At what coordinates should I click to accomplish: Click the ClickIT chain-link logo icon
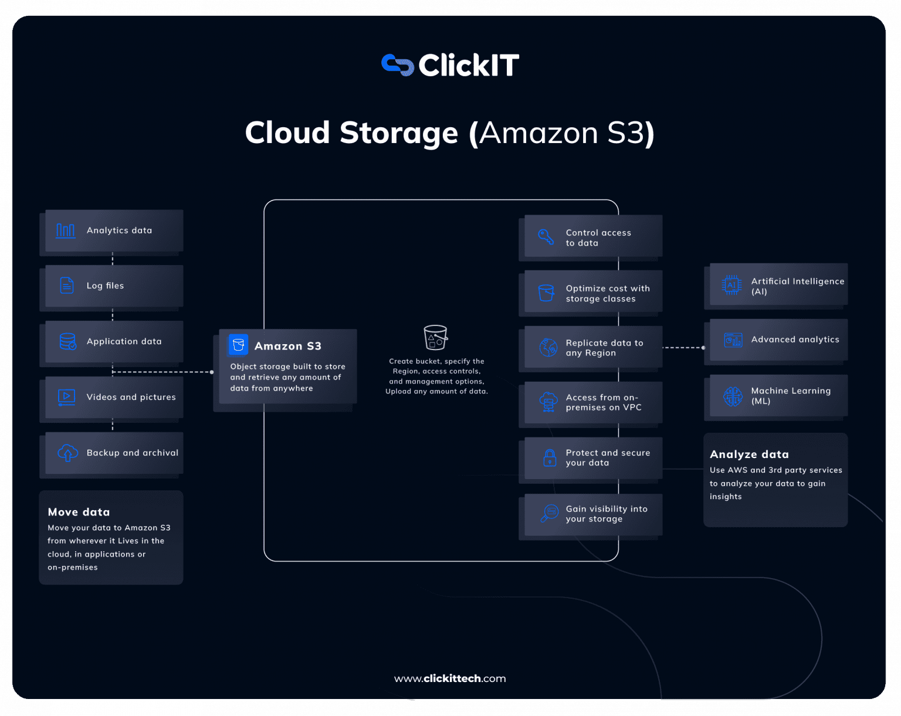[x=398, y=65]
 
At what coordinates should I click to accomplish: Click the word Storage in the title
[x=398, y=133]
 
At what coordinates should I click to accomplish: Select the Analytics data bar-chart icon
[x=66, y=230]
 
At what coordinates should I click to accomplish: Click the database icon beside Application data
[x=67, y=341]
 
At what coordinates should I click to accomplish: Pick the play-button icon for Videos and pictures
[x=67, y=397]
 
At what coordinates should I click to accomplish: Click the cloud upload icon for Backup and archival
[x=67, y=453]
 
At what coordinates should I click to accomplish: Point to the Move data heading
[x=79, y=512]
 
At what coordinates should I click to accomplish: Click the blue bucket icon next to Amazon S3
[x=238, y=345]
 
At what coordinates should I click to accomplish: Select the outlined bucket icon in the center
[x=436, y=337]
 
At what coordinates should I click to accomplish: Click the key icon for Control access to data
[x=546, y=237]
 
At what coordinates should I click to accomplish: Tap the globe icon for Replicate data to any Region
[x=548, y=348]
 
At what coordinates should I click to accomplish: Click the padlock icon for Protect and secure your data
[x=550, y=457]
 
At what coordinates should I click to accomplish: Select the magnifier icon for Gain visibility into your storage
[x=550, y=513]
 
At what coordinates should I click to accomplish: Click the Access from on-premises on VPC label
[x=603, y=402]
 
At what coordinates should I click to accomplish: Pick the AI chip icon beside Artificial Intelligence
[x=731, y=286]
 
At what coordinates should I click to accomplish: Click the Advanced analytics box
[x=778, y=340]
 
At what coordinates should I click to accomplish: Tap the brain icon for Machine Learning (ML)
[x=733, y=396]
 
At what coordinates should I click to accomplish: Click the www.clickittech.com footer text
[x=450, y=678]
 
